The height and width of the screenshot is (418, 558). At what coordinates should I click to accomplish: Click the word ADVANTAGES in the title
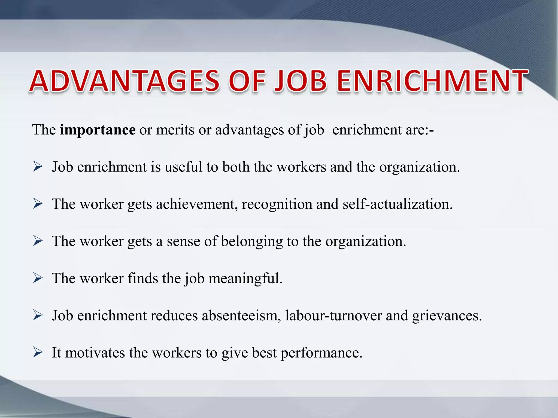click(125, 81)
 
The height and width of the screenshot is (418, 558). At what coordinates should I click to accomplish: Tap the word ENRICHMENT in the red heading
click(432, 81)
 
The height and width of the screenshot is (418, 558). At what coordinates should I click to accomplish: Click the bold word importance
click(98, 130)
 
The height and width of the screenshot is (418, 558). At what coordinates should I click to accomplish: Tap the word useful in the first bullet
click(183, 167)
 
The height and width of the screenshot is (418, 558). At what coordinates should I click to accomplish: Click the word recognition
click(277, 204)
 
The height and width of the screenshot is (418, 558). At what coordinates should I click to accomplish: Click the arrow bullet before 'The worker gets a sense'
click(38, 241)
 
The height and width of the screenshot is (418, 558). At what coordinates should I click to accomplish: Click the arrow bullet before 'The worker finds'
click(38, 278)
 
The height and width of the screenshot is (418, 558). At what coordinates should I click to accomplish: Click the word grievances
click(447, 316)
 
